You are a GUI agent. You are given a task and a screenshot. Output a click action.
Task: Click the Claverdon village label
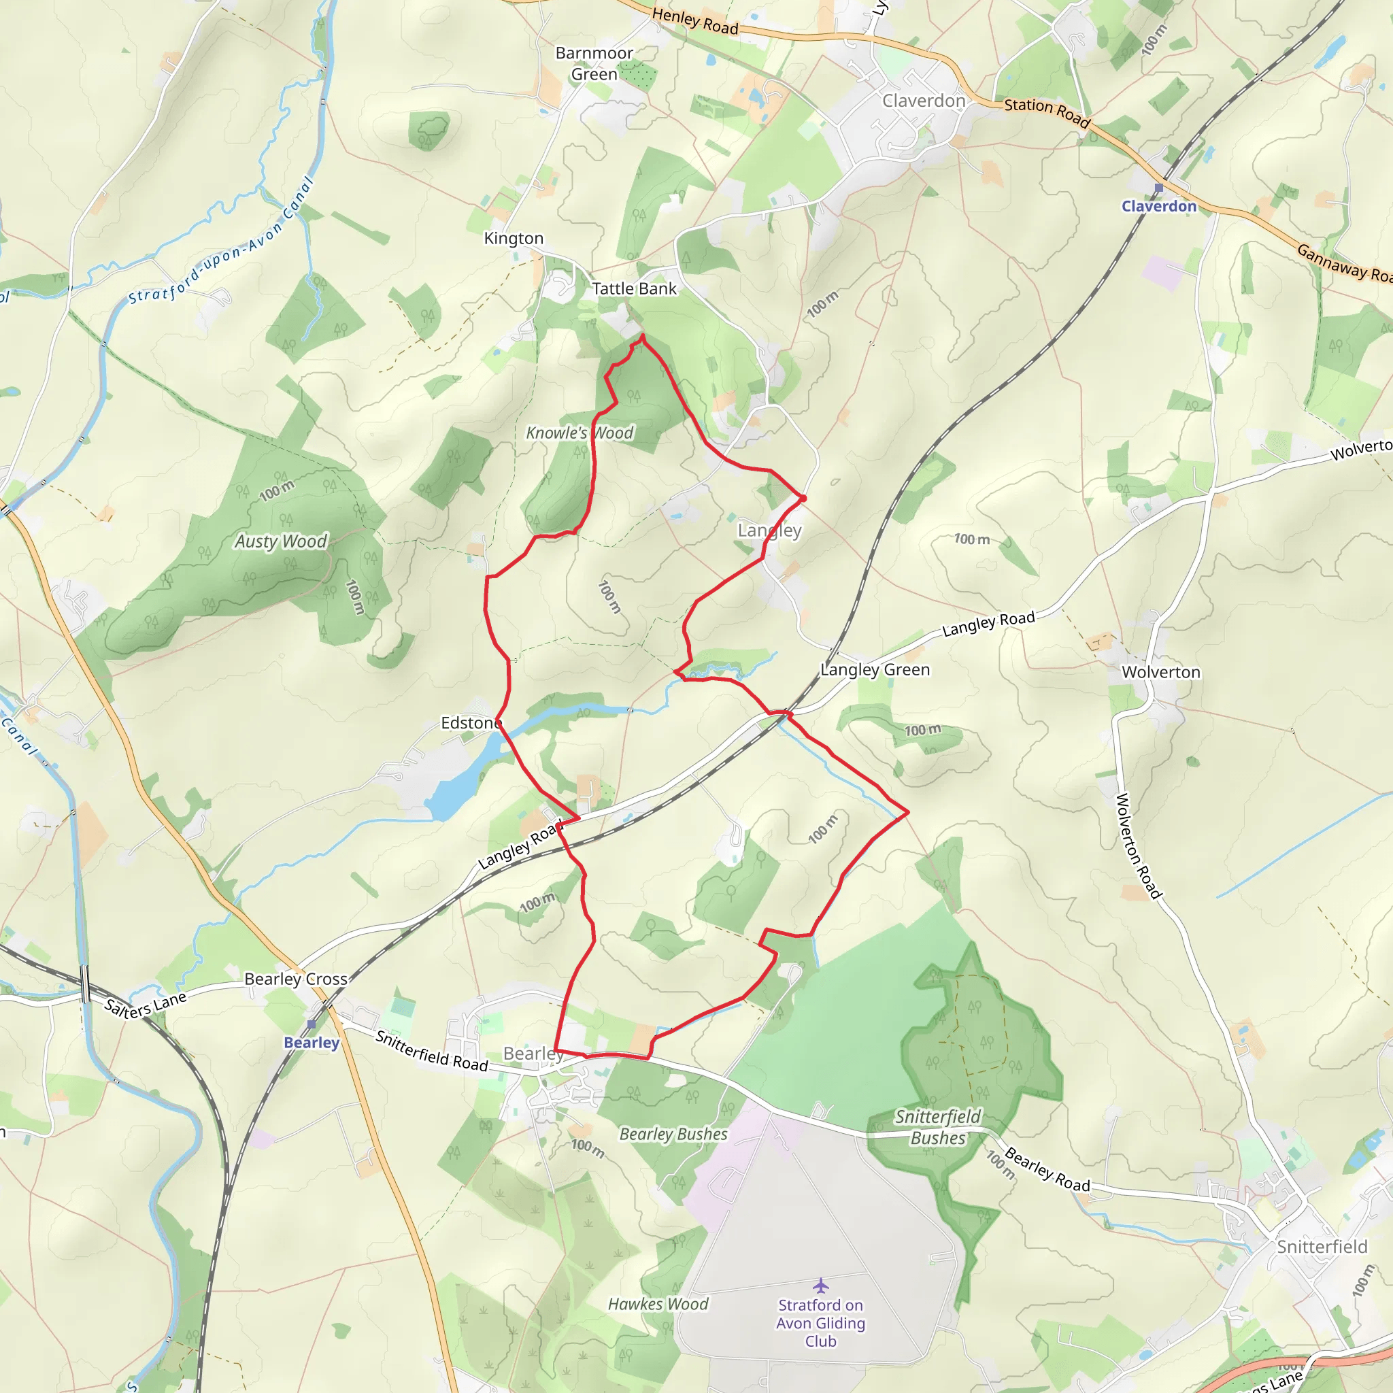tap(924, 101)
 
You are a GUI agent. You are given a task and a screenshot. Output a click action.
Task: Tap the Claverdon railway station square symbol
tap(1158, 188)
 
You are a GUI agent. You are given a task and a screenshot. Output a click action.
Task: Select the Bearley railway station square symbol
tap(312, 1024)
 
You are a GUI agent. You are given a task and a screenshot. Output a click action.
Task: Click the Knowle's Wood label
tap(580, 433)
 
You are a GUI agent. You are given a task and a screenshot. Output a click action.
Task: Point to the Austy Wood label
tap(280, 541)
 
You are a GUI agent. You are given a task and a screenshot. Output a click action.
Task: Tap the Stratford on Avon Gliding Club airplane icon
tap(820, 1286)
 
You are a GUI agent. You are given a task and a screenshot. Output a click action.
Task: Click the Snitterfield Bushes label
tap(937, 1127)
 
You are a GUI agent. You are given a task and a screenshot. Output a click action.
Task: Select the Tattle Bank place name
tap(634, 289)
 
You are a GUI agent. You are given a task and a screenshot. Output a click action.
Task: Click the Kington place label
tap(514, 239)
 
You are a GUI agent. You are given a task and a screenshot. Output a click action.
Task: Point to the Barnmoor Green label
tap(594, 63)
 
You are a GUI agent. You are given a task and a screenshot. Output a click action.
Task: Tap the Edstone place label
tap(471, 723)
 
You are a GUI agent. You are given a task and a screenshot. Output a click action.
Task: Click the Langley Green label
tap(875, 670)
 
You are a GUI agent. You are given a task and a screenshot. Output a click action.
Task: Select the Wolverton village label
tap(1161, 673)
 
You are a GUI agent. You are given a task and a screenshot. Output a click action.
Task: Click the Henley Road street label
tap(695, 21)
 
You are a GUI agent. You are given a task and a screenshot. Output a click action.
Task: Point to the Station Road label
tap(1047, 112)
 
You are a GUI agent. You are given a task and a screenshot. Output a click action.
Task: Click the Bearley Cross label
tap(296, 979)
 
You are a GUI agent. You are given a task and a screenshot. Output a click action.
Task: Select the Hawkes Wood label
tap(658, 1305)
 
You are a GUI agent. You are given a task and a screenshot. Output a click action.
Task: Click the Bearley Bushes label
tap(673, 1134)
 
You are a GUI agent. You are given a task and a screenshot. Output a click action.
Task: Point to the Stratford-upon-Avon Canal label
tap(220, 241)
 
